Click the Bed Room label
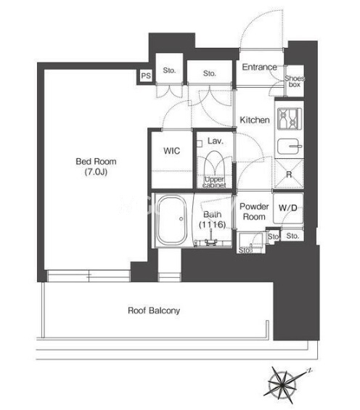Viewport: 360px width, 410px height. point(96,161)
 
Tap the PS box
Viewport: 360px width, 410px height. point(146,75)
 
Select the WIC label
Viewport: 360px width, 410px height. point(171,151)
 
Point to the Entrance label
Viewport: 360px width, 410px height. point(259,67)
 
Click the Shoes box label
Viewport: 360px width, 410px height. point(295,81)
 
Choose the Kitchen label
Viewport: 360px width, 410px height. point(255,120)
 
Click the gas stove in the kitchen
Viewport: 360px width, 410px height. point(289,118)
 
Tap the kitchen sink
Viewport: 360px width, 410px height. point(290,147)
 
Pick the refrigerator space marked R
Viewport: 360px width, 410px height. point(289,174)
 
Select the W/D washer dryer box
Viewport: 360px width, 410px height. point(288,208)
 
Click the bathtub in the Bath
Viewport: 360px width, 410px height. point(172,220)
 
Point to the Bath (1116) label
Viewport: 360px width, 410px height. point(212,219)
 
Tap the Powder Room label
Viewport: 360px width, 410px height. point(254,212)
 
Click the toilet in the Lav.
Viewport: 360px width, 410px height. point(214,163)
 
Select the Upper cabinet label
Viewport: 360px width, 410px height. point(214,182)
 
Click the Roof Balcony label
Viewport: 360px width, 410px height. point(154,311)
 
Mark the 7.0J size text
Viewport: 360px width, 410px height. point(96,172)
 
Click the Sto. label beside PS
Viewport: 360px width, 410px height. point(169,70)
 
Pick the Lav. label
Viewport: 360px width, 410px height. point(216,141)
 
